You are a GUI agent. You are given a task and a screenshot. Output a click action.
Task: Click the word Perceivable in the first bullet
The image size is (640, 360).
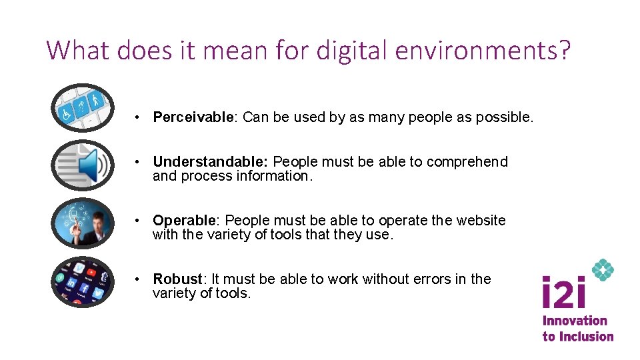tap(192, 118)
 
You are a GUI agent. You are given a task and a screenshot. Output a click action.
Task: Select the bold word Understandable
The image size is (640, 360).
tap(209, 162)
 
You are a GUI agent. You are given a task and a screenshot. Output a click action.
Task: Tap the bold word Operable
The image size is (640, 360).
tap(184, 221)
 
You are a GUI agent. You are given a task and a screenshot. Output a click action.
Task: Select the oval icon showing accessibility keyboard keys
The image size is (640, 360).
tap(83, 107)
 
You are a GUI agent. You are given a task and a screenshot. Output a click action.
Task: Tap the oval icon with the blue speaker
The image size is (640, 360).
tap(83, 165)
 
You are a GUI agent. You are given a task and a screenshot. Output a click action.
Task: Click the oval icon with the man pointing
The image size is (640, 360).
tap(83, 223)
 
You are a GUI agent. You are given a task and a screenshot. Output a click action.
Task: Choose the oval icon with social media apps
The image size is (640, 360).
tap(83, 281)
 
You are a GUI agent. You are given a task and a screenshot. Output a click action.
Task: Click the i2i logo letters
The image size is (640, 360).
tap(565, 293)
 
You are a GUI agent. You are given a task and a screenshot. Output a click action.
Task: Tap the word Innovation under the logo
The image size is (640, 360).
tap(575, 321)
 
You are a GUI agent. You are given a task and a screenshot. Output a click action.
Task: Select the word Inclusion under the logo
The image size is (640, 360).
tap(587, 337)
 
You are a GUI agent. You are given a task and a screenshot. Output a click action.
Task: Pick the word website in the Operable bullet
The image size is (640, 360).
tap(481, 221)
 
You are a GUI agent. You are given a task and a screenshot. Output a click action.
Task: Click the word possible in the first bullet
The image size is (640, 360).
tap(509, 118)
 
